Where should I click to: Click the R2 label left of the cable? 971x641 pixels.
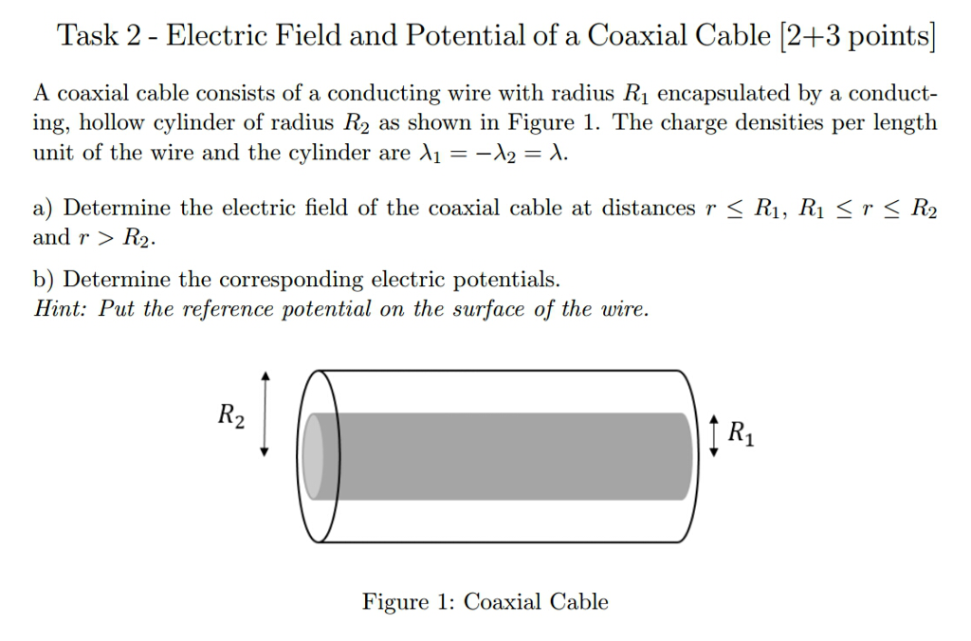(x=230, y=416)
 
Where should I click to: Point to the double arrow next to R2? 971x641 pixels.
(x=266, y=412)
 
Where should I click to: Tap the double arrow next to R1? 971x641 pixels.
(x=714, y=434)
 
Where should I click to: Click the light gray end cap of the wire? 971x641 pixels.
(x=313, y=456)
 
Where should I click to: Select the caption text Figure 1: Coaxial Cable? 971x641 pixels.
(x=485, y=602)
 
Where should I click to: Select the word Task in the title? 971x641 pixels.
(x=87, y=36)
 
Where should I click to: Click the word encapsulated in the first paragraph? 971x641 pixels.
(x=725, y=94)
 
